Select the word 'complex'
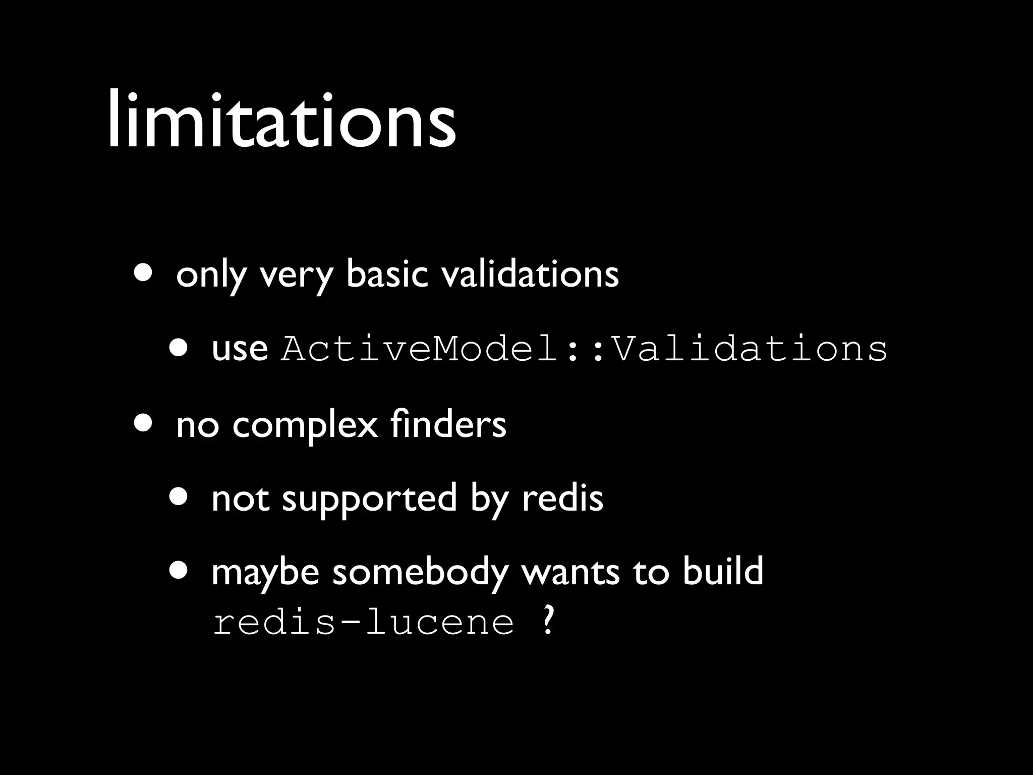[305, 425]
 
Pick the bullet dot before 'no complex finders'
[144, 423]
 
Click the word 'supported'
[369, 499]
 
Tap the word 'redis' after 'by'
[562, 498]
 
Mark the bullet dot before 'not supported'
[179, 497]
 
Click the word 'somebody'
[420, 572]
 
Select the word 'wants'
[570, 572]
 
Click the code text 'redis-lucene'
[363, 622]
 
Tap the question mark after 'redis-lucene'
[548, 621]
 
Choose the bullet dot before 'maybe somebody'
[179, 570]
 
